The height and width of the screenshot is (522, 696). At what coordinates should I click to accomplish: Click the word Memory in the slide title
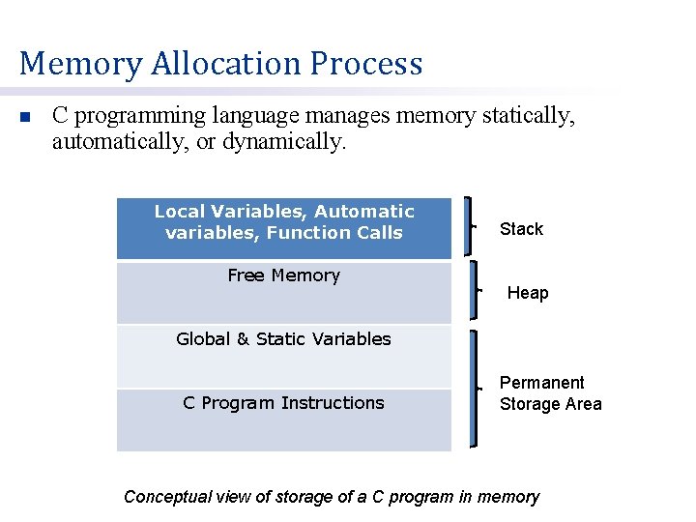(x=80, y=64)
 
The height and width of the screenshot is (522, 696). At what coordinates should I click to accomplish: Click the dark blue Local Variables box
(x=283, y=229)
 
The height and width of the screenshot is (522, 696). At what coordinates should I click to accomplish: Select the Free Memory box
(x=283, y=292)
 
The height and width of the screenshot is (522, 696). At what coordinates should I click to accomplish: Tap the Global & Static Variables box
(x=283, y=356)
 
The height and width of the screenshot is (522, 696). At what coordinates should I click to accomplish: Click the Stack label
(x=521, y=229)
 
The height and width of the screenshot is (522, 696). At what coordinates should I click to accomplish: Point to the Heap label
(x=528, y=293)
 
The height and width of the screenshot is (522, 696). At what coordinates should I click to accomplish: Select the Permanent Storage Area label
(x=550, y=393)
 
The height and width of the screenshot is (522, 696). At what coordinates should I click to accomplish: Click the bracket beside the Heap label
(x=474, y=289)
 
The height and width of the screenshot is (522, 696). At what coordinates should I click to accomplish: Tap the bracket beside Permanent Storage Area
(x=474, y=389)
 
